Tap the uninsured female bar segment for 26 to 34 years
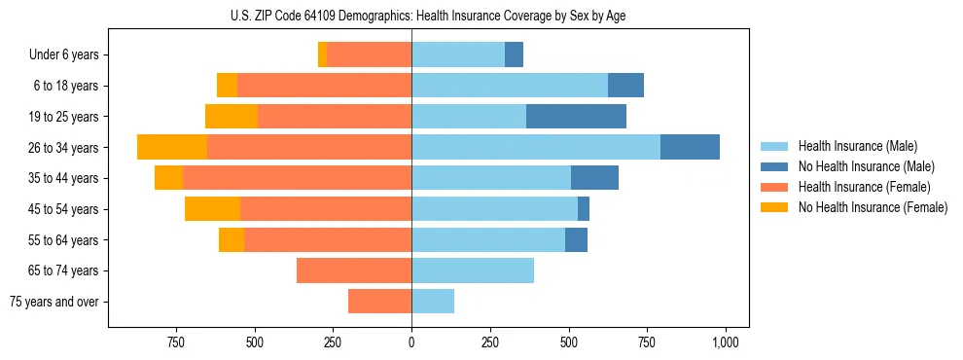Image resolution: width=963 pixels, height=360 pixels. coord(172,147)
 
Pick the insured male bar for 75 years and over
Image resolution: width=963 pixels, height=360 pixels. coord(433,302)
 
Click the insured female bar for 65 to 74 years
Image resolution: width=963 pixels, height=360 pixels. coord(354,270)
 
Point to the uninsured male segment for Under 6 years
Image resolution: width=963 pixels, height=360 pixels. coord(514,54)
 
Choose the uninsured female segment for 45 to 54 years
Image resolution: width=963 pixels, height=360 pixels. coord(212,208)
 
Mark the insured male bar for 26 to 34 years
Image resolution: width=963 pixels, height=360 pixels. coord(536,147)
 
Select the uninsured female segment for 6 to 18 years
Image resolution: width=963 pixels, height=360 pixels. coord(227,86)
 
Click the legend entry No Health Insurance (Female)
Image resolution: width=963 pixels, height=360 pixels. coord(873,207)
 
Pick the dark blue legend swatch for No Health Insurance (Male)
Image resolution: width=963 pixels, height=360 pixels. coord(775,166)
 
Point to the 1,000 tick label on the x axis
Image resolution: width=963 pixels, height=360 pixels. coord(725,342)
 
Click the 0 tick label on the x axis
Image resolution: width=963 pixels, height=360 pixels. coord(411,342)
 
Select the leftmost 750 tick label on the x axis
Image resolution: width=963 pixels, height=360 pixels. coord(175,342)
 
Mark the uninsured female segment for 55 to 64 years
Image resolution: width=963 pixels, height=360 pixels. coord(232,239)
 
